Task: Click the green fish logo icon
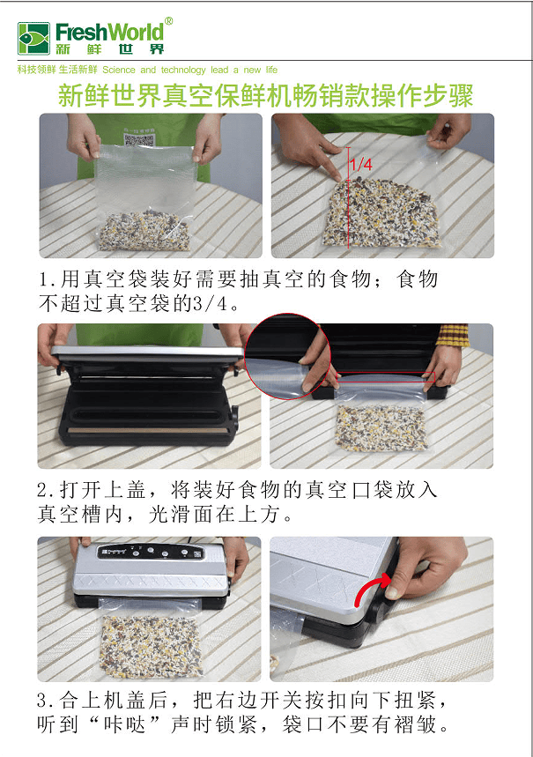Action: (x=33, y=38)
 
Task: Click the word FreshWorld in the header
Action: (x=109, y=33)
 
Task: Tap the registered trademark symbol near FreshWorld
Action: (x=168, y=21)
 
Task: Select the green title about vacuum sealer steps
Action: (x=265, y=95)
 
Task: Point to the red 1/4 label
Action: (x=361, y=165)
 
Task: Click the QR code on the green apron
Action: (x=139, y=140)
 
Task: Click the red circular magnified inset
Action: (x=287, y=356)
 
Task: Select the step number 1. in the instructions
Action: (x=48, y=279)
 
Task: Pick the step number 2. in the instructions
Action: (x=48, y=490)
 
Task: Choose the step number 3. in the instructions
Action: (x=48, y=700)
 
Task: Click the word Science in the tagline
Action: (x=119, y=70)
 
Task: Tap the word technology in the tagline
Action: (x=183, y=70)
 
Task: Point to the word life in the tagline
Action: (x=272, y=70)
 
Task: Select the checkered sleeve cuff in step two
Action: (x=452, y=334)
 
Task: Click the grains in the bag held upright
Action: (x=144, y=230)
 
